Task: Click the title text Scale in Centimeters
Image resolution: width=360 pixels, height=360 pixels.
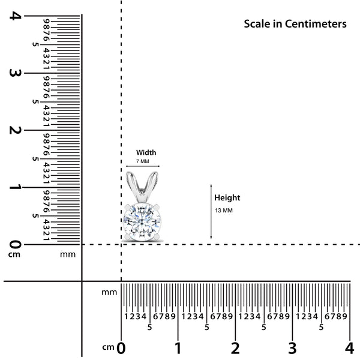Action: pos(295,24)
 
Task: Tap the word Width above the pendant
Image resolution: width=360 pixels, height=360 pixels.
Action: pos(146,152)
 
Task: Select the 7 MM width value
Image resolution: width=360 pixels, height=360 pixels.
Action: pos(143,161)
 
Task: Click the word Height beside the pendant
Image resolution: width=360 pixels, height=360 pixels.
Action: pos(227,198)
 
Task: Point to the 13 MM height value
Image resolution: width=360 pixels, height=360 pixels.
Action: pos(224,211)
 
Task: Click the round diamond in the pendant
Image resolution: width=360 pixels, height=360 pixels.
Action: pos(142,222)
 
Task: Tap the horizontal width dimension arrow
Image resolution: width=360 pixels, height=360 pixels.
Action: pos(143,166)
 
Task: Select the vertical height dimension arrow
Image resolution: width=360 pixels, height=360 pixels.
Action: pos(211,211)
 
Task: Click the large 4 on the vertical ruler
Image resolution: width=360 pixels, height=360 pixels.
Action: pos(15,16)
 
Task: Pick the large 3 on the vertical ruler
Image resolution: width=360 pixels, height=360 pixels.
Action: pos(15,73)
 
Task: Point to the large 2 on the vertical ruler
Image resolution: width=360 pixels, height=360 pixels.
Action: pos(15,130)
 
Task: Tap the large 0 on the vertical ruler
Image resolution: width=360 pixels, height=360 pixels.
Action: pos(15,244)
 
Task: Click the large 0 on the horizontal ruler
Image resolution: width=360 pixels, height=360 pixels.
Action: pos(121,348)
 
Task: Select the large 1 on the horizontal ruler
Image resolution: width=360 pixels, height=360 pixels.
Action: pos(178,348)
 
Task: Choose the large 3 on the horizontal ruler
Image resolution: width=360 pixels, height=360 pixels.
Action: pos(292,348)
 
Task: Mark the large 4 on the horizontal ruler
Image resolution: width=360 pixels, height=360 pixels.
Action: pos(349,348)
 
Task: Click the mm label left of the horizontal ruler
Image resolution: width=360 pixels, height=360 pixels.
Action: pos(109,293)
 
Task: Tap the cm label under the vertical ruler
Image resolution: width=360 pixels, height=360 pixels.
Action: pos(14,254)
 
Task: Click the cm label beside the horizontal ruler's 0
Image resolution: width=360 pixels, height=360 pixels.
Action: pos(108,347)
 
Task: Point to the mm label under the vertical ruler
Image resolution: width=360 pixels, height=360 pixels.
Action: pos(68,254)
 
